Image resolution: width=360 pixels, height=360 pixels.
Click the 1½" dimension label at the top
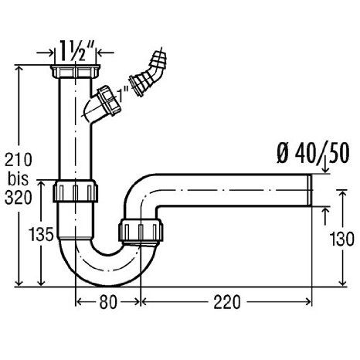click(76, 51)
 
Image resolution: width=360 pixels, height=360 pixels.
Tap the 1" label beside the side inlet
click(123, 94)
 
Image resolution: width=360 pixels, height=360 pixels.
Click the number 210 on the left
click(19, 160)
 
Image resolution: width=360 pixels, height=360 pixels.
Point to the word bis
click(18, 178)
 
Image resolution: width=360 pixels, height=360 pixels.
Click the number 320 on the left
click(19, 198)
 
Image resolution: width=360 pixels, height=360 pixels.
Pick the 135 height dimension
click(41, 234)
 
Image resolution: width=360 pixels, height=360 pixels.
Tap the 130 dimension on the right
click(342, 239)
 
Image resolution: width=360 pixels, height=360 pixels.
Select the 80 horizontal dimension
click(108, 302)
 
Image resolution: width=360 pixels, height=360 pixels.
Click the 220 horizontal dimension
click(227, 302)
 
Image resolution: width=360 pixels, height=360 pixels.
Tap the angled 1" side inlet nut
click(109, 100)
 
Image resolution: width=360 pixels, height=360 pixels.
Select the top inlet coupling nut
click(76, 71)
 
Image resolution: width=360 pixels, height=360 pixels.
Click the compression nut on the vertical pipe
click(75, 191)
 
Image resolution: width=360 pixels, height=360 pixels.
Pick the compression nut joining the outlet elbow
click(141, 230)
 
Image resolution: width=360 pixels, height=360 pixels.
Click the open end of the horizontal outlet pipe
click(310, 190)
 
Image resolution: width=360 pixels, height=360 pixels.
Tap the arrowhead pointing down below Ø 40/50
click(326, 170)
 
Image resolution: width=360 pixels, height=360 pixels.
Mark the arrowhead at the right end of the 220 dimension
click(308, 302)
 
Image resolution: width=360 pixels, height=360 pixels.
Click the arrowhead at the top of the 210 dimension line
click(19, 69)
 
